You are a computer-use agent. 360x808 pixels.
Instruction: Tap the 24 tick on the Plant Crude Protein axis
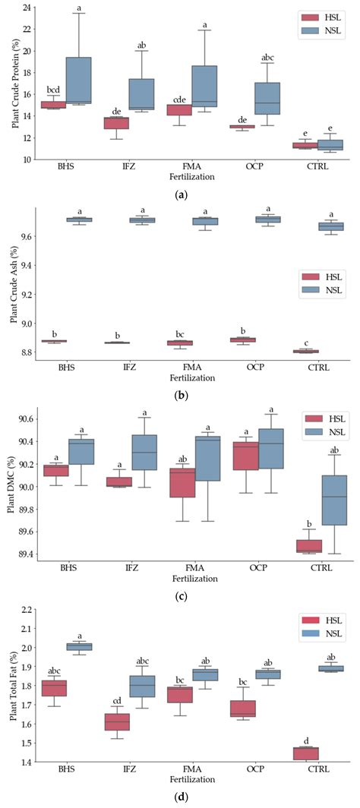coord(27,8)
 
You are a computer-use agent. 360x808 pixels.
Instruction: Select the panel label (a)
coord(181,195)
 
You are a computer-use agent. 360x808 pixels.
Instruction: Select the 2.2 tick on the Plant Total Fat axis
coord(27,609)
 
